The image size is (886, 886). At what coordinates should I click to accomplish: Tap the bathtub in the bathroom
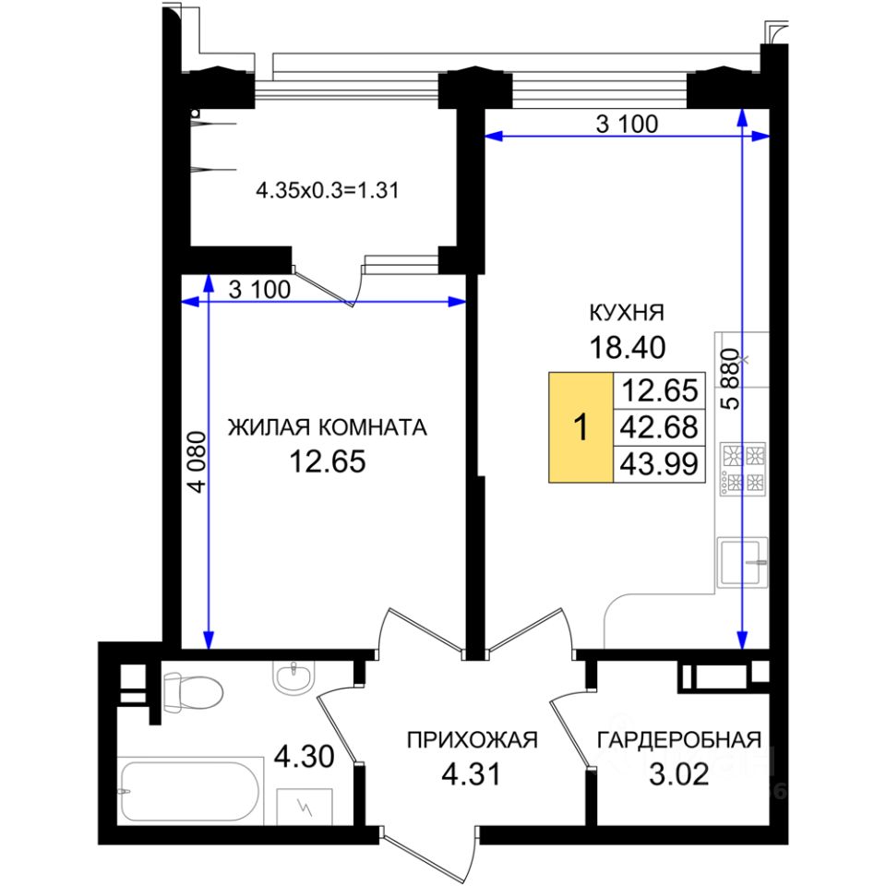[x=190, y=790]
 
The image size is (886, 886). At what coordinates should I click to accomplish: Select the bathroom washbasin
[x=294, y=677]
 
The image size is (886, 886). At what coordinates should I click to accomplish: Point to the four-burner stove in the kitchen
[x=744, y=469]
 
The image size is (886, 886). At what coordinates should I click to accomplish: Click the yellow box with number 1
[x=581, y=428]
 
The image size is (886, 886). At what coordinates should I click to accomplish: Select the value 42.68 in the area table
[x=659, y=426]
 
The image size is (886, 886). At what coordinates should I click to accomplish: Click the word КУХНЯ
[x=628, y=311]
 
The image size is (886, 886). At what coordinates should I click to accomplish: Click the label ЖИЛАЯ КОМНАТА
[x=328, y=427]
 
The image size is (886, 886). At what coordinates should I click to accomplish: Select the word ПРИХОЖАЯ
[x=472, y=739]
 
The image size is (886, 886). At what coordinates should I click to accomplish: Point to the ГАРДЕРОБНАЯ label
[x=678, y=739]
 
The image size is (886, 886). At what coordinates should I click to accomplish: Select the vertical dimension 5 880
[x=728, y=378]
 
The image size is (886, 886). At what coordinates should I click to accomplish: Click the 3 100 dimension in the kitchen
[x=627, y=125]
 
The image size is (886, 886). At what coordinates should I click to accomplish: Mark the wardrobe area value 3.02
[x=678, y=773]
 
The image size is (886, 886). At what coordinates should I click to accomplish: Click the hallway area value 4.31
[x=472, y=773]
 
